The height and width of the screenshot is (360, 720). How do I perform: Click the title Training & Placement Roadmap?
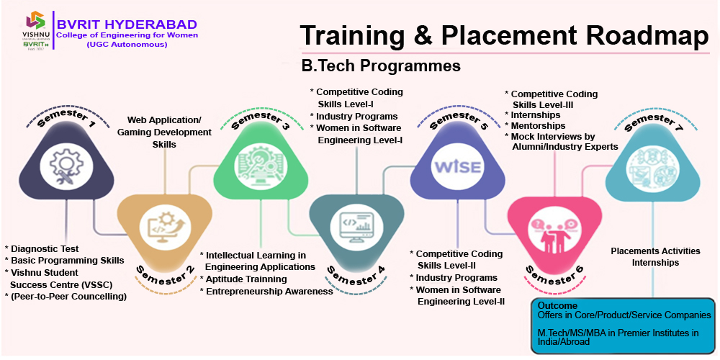504,35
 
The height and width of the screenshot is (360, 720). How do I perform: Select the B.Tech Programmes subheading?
381,66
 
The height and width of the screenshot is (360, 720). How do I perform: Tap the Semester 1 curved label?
66,117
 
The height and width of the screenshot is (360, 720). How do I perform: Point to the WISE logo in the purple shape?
458,167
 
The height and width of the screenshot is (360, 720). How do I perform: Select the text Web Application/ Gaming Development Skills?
164,132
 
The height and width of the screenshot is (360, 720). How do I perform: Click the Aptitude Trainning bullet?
243,279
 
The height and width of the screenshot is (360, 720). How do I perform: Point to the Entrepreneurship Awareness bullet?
266,291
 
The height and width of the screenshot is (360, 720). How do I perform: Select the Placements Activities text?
655,251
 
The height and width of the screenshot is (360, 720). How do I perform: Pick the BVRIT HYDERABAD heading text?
127,24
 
